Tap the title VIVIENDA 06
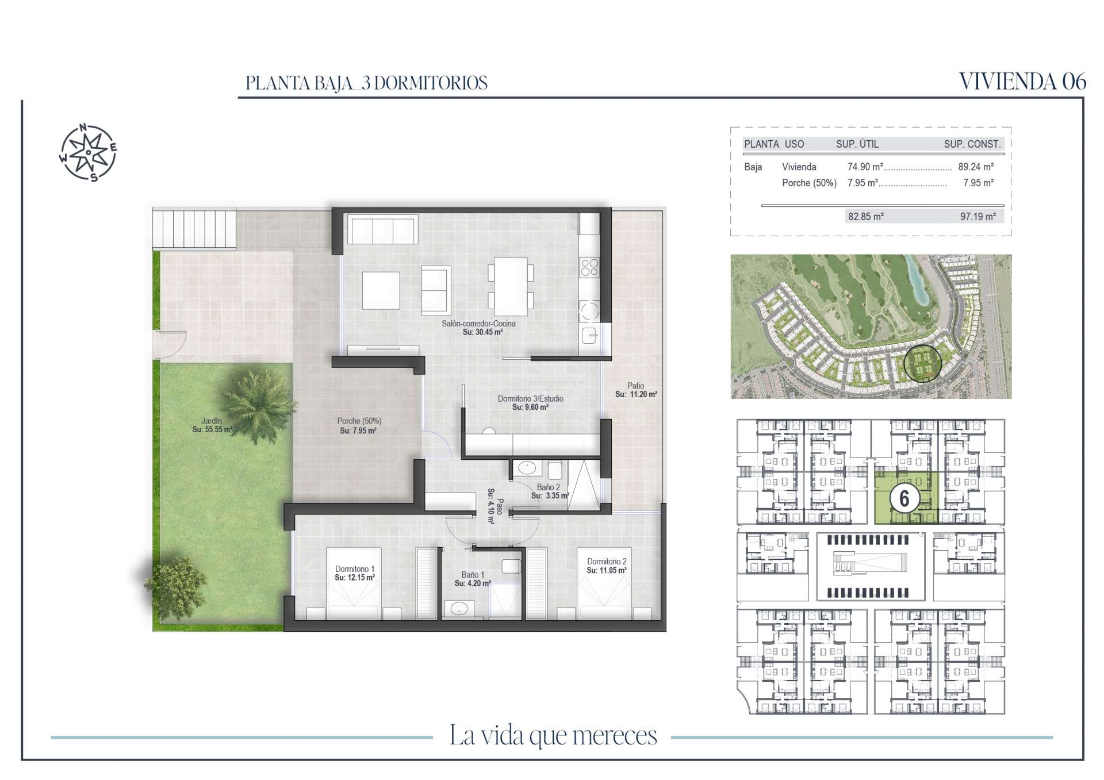click(1022, 82)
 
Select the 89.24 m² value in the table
click(976, 167)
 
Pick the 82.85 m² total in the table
click(866, 217)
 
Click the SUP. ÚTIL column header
click(857, 144)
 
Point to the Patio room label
click(636, 386)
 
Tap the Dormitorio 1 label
click(355, 569)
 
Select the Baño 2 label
click(548, 487)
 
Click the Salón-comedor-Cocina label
click(478, 324)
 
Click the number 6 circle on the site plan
click(904, 498)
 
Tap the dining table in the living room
click(511, 286)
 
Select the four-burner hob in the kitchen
click(589, 268)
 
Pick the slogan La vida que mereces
click(553, 736)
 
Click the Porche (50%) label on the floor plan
click(359, 421)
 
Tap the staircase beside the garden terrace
click(194, 229)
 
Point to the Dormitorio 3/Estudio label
click(530, 398)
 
